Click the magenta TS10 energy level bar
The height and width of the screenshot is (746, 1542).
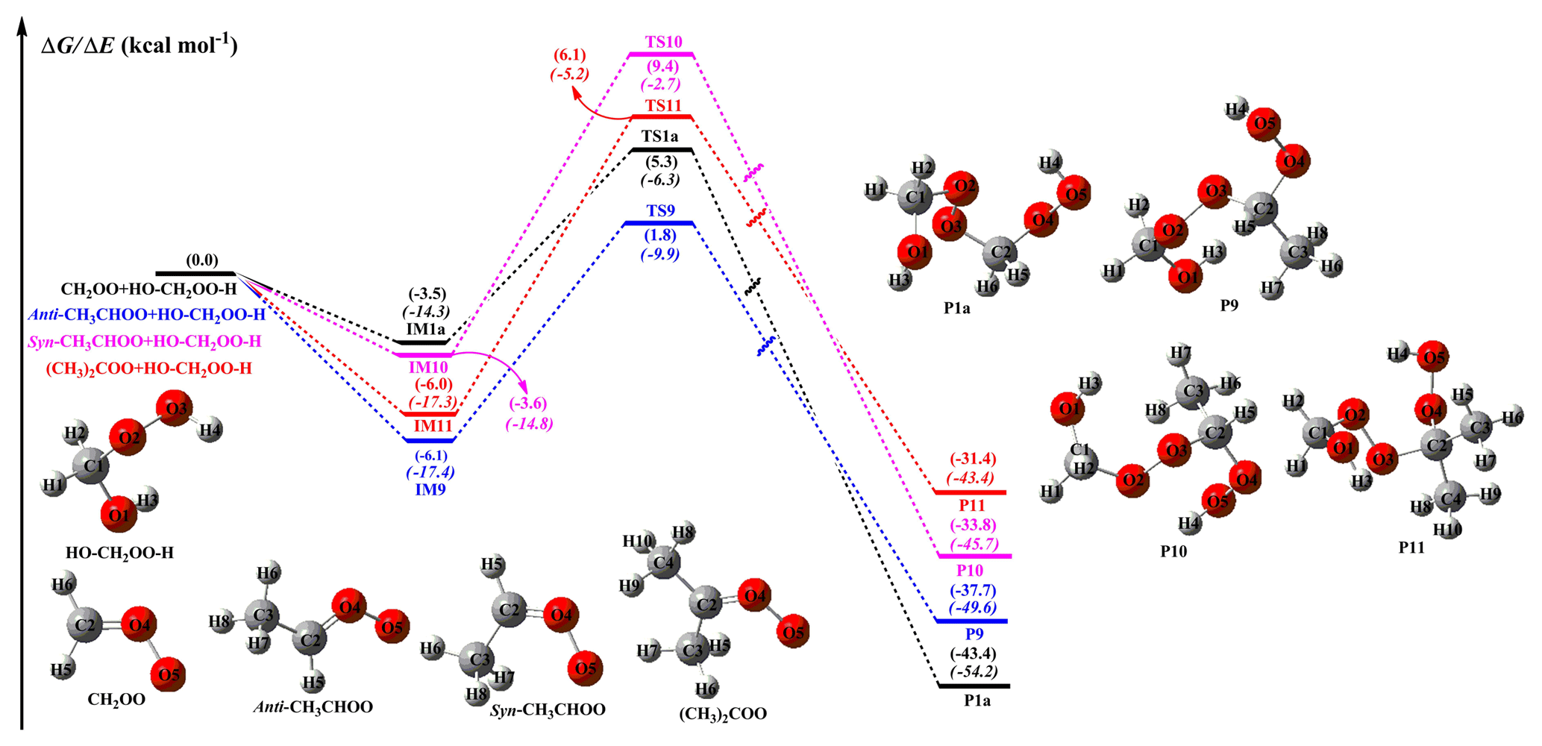click(x=661, y=54)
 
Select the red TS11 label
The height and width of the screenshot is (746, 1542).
click(x=663, y=106)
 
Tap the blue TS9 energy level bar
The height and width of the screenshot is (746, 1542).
click(x=659, y=223)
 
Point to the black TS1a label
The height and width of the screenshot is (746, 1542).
click(x=660, y=137)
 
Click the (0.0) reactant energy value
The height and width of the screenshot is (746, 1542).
click(x=202, y=260)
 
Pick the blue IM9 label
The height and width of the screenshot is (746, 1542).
click(x=430, y=490)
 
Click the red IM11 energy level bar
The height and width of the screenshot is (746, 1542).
click(x=430, y=413)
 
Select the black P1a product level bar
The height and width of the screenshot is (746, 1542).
click(x=974, y=686)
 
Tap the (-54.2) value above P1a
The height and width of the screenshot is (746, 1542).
click(x=974, y=671)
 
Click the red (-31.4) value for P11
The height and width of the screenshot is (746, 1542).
click(x=973, y=459)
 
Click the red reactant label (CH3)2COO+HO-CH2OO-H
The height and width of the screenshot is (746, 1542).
click(x=149, y=369)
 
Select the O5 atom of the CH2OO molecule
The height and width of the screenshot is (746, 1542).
click(x=169, y=675)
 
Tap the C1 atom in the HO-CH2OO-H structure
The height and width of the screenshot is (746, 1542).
click(x=93, y=467)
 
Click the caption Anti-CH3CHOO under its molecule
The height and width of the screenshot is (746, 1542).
click(x=313, y=707)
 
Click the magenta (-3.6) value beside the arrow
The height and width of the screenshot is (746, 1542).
click(x=528, y=404)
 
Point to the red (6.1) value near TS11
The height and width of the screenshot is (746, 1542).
click(x=570, y=55)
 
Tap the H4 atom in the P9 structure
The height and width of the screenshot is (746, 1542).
click(x=1236, y=110)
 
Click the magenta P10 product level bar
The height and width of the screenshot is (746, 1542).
click(x=974, y=556)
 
